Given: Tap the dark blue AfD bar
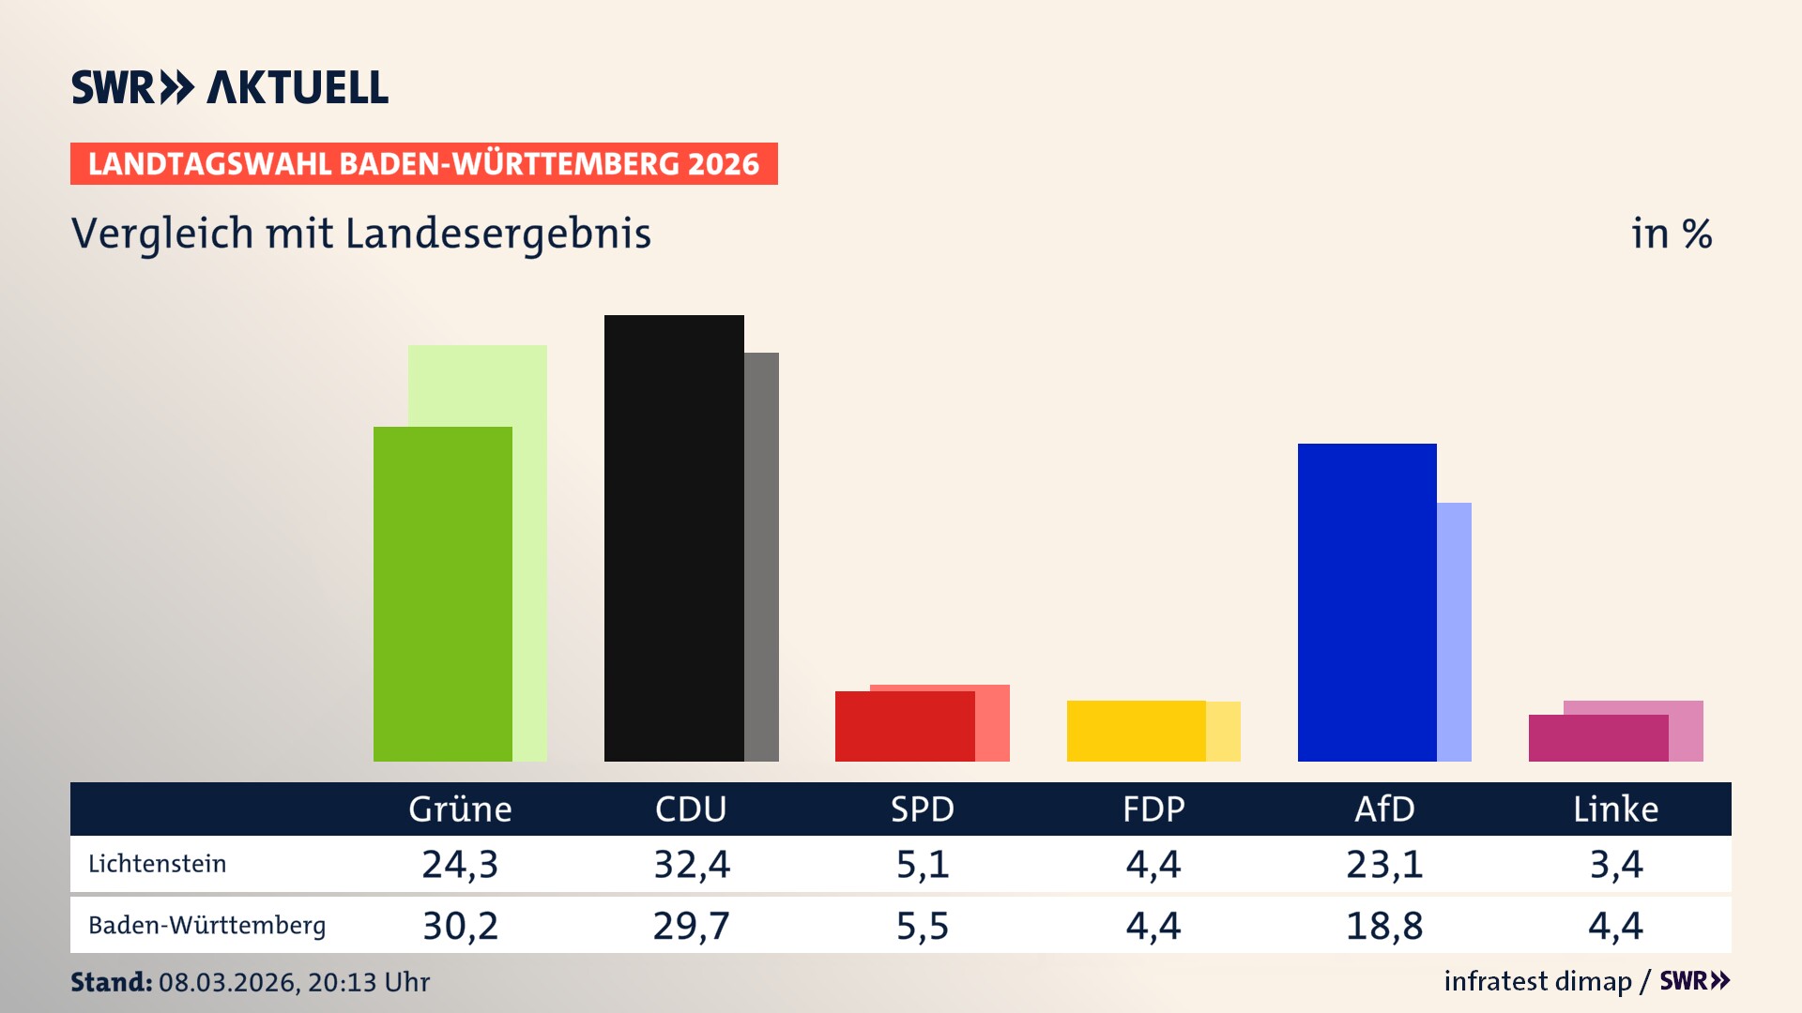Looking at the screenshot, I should click(x=1367, y=602).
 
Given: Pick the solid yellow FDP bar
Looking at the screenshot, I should click(x=1136, y=731).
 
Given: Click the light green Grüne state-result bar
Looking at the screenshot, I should click(x=530, y=553).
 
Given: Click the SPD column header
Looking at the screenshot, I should click(x=922, y=809).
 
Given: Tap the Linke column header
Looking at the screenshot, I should click(x=1615, y=809).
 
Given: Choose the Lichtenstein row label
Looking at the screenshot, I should click(x=157, y=864).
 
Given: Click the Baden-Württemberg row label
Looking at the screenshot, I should click(x=206, y=926).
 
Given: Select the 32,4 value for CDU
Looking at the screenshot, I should click(x=691, y=864).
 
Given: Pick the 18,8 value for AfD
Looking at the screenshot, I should click(x=1384, y=926).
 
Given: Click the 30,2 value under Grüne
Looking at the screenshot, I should click(x=460, y=926).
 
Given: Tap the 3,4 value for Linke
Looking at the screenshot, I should click(x=1615, y=864).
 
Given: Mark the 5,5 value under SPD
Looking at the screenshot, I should click(x=922, y=926).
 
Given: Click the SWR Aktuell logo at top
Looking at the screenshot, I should click(x=229, y=87).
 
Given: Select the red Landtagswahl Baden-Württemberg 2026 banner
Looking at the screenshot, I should click(x=423, y=163).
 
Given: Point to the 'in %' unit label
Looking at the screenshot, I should click(x=1671, y=234).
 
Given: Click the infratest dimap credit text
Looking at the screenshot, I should click(x=1537, y=981).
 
